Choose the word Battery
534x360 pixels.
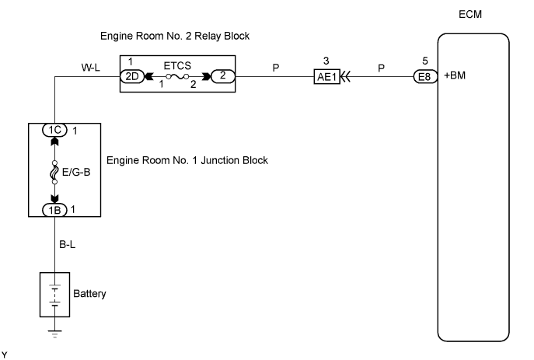click(89, 295)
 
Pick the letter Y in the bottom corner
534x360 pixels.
click(5, 354)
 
